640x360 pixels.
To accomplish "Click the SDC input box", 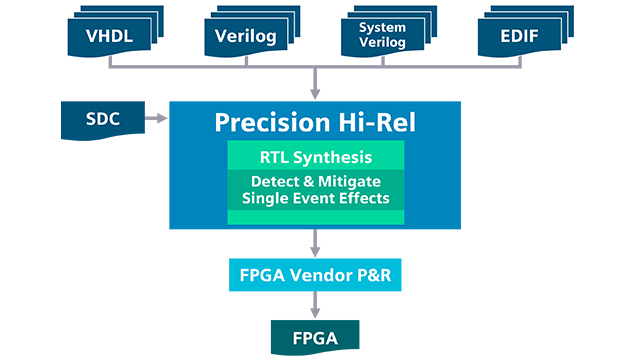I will point(101,120).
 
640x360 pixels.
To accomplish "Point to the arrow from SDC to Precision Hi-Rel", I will point(156,120).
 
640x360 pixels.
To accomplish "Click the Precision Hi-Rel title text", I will point(316,122).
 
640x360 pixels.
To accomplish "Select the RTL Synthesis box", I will point(316,156).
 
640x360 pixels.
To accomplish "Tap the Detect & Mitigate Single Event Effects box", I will point(316,189).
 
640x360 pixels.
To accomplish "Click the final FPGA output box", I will point(316,336).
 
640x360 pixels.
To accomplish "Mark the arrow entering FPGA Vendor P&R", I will point(316,248).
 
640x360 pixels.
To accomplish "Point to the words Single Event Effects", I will point(316,198).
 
